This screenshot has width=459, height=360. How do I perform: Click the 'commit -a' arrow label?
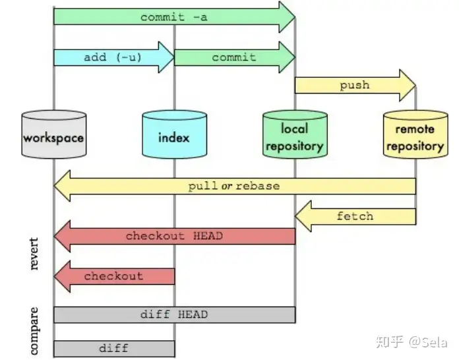click(x=174, y=17)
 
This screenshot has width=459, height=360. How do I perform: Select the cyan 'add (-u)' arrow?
click(x=114, y=57)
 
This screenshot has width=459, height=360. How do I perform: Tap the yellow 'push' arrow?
click(x=355, y=86)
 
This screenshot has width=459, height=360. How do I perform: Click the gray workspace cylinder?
click(x=54, y=135)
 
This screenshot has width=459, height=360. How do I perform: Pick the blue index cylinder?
click(x=175, y=135)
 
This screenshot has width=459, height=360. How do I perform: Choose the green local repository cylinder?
click(x=295, y=135)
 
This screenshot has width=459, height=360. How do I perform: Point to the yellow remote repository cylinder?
click(x=415, y=135)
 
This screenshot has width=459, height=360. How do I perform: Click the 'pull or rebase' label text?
click(x=234, y=186)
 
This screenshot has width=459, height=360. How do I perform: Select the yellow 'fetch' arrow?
click(x=355, y=216)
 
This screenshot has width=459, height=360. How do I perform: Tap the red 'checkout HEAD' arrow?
click(x=175, y=237)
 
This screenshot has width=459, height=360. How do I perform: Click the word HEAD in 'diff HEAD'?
click(x=193, y=315)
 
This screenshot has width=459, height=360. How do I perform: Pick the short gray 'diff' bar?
click(x=114, y=349)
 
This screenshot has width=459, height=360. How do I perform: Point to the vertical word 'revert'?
click(x=34, y=253)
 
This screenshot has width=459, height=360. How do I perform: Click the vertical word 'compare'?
click(x=34, y=331)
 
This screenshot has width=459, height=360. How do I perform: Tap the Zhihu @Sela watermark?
click(x=412, y=342)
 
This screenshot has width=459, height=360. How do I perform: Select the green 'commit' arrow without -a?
click(x=235, y=57)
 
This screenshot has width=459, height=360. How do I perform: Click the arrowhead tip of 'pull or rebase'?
click(x=55, y=186)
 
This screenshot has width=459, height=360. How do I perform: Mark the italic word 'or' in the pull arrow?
click(x=227, y=186)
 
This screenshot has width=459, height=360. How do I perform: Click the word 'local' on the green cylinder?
click(x=295, y=129)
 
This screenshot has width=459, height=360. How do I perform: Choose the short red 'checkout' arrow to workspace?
click(x=114, y=276)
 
